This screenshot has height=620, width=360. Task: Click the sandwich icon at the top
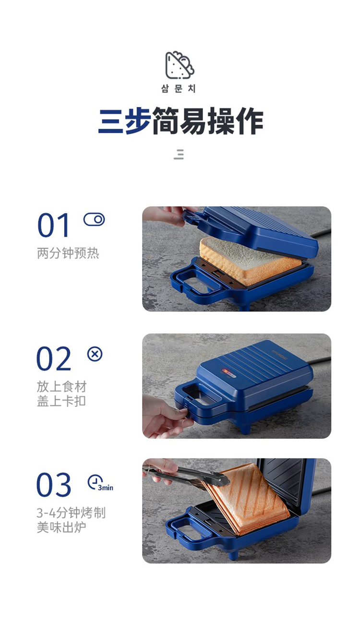coord(180,65)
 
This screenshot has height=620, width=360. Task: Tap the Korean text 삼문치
coord(179,89)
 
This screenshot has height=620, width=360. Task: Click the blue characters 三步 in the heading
coord(124,121)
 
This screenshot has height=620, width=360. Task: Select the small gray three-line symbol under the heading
coord(179,154)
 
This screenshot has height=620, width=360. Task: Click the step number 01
coord(53,225)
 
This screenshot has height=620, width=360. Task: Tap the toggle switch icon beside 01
coord(94,219)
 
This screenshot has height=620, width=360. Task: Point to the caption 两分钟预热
coord(68,253)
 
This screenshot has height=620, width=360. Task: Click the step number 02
coord(54,358)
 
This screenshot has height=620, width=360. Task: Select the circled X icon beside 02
coord(95,354)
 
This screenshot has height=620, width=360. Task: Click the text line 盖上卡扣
coord(61,401)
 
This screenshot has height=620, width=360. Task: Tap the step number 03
coord(54,484)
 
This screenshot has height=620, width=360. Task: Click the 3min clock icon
coord(100,483)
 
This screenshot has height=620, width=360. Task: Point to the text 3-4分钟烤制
coord(71,513)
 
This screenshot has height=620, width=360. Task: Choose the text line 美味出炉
coord(61,527)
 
